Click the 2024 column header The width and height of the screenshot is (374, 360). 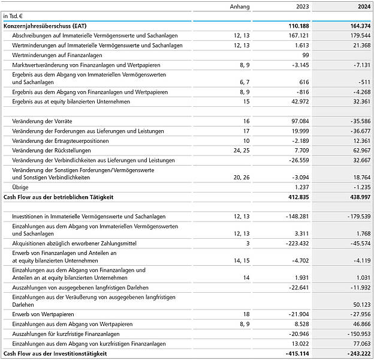click(x=361, y=7)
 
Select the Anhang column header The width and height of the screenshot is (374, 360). click(x=240, y=7)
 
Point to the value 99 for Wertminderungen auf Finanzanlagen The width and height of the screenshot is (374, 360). click(x=305, y=55)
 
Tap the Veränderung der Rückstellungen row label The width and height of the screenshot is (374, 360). click(x=52, y=151)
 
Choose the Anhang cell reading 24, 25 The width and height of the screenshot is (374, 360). click(x=241, y=151)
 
